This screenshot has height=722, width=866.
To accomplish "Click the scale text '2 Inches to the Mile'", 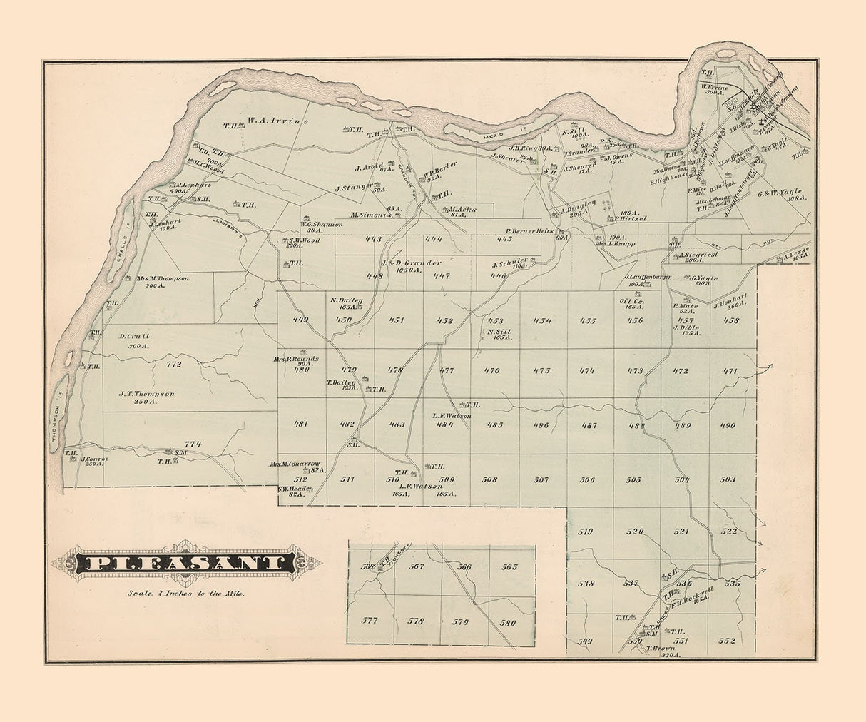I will [185, 593].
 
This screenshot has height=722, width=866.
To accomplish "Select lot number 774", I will [193, 444].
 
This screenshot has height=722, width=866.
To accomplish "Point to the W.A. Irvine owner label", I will [277, 122].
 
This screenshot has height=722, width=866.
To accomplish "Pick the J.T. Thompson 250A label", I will [147, 397].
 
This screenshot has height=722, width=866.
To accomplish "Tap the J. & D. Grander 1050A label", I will [412, 265].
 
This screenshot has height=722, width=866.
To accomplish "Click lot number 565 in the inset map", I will [509, 567].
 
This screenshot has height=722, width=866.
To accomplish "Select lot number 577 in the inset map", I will [370, 620].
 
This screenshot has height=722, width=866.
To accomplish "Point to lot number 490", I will [728, 425].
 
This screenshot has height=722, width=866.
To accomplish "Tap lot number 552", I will [727, 641].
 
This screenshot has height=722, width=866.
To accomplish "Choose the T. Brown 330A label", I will [661, 651].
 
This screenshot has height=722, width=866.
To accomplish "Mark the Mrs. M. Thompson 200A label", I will [162, 281].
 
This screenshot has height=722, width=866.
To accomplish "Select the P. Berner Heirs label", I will [530, 231].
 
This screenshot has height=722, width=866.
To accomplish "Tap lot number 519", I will [586, 532].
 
